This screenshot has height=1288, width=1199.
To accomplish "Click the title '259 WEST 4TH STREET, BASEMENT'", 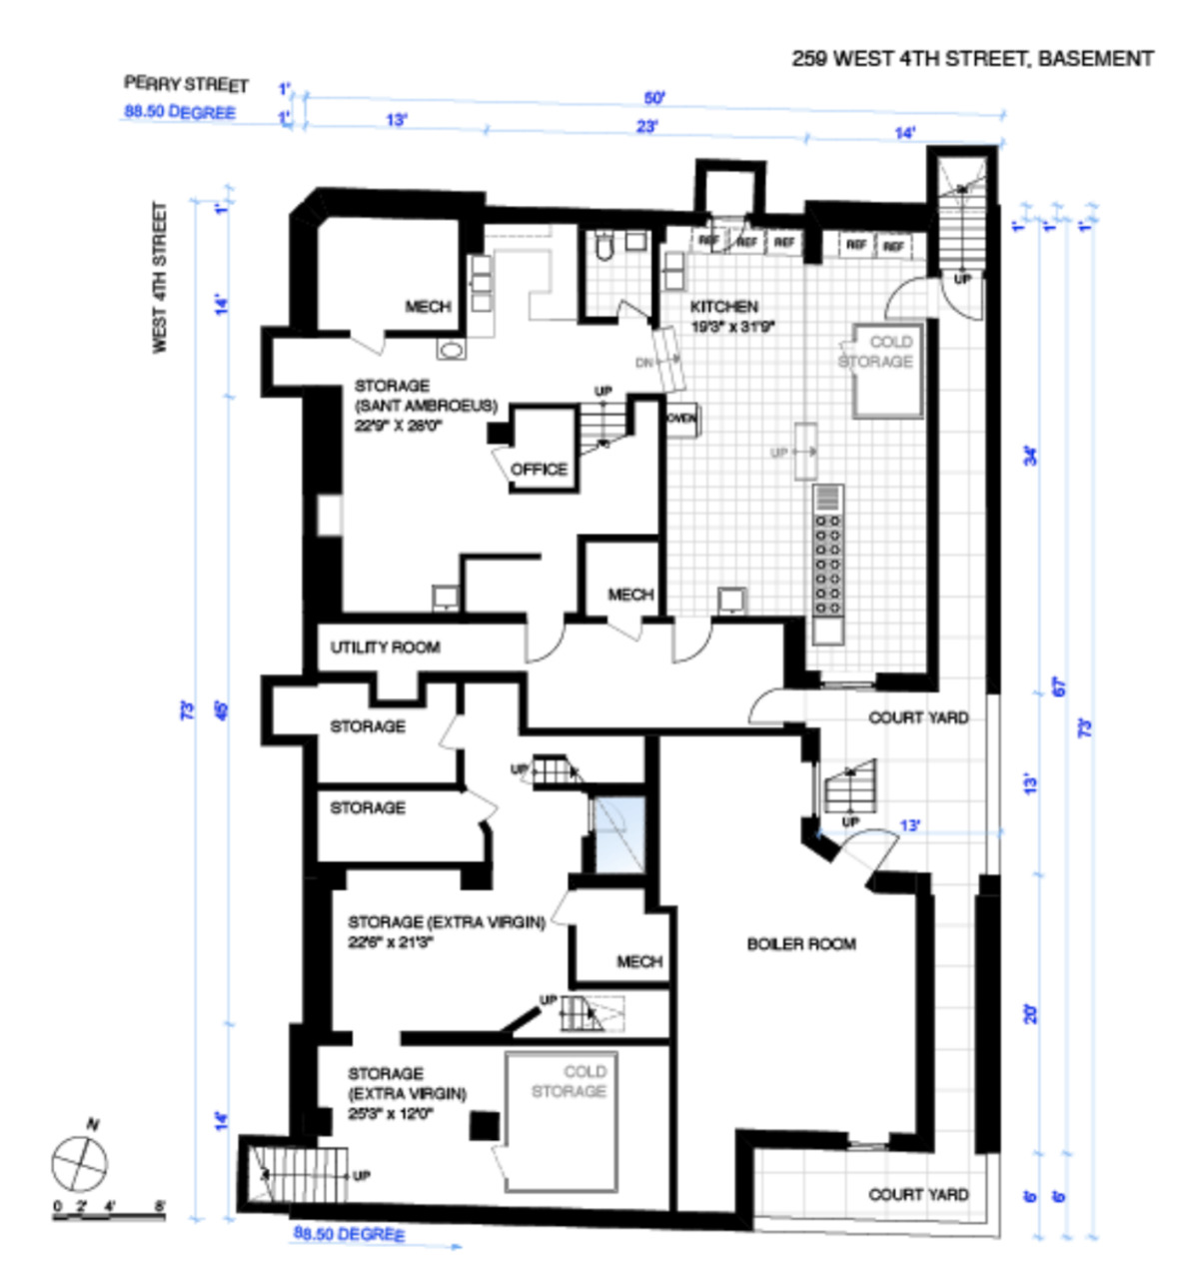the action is pos(972,59).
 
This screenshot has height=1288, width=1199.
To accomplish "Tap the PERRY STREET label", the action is pos(186,84).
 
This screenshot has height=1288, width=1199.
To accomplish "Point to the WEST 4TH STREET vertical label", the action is pos(160,277).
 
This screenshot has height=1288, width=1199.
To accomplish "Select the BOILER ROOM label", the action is pos(801,943).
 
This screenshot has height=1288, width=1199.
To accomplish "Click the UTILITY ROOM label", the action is pos(385,647).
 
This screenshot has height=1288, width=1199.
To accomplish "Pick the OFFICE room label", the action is pos(539,469).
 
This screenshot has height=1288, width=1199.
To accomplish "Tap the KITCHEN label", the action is pos(724,307).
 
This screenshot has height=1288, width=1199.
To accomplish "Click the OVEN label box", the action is pos(681,419).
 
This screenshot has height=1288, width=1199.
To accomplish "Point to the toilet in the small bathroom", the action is pos(603,245).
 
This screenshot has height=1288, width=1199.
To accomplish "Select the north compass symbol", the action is pos(80,1162).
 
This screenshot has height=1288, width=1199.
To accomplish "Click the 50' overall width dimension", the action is pos(654,98).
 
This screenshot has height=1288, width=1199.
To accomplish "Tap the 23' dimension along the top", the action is pos(646,127).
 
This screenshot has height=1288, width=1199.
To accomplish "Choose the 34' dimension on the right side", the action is pos(1030,455).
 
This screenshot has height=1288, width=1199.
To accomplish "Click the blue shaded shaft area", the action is pos(619,835).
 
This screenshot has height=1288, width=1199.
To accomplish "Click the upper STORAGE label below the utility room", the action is pos(368,726).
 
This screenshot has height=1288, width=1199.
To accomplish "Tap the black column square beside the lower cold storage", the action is pos(485,1125).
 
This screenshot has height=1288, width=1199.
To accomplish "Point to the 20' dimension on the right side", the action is pos(1030,1013).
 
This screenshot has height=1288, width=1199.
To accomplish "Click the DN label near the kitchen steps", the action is pos(644,363).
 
